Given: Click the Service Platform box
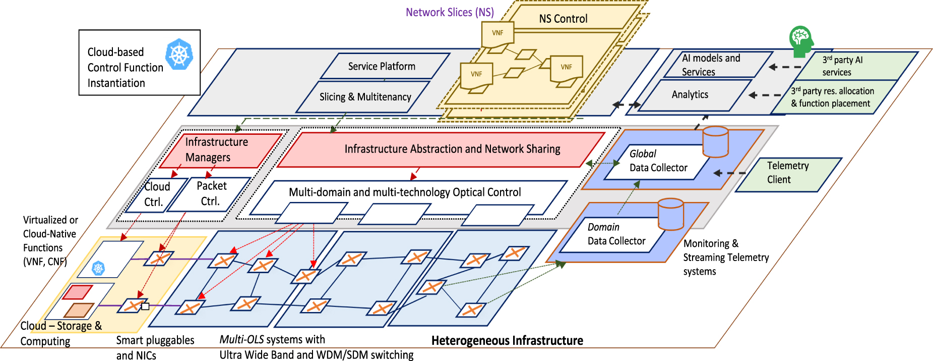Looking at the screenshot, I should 382,66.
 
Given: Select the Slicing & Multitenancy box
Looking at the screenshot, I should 365,97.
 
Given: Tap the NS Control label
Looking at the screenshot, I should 563,19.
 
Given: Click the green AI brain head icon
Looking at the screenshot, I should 800,40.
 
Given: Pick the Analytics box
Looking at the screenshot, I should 690,95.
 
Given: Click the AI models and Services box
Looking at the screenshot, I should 711,65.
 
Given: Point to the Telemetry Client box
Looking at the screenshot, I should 787,173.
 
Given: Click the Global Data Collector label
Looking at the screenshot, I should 658,161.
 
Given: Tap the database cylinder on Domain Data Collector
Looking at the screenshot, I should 671,213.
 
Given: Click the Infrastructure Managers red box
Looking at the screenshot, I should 217,149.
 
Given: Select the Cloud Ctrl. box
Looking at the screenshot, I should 153,194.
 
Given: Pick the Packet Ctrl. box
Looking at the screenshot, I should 211,193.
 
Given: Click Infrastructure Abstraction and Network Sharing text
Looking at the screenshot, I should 452,149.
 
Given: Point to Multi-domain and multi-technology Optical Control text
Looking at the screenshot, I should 405,192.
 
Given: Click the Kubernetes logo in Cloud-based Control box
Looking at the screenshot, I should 179,54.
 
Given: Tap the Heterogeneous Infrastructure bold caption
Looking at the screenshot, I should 507,341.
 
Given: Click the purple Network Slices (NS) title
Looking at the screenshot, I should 450,12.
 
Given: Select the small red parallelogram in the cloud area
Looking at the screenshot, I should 77,292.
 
